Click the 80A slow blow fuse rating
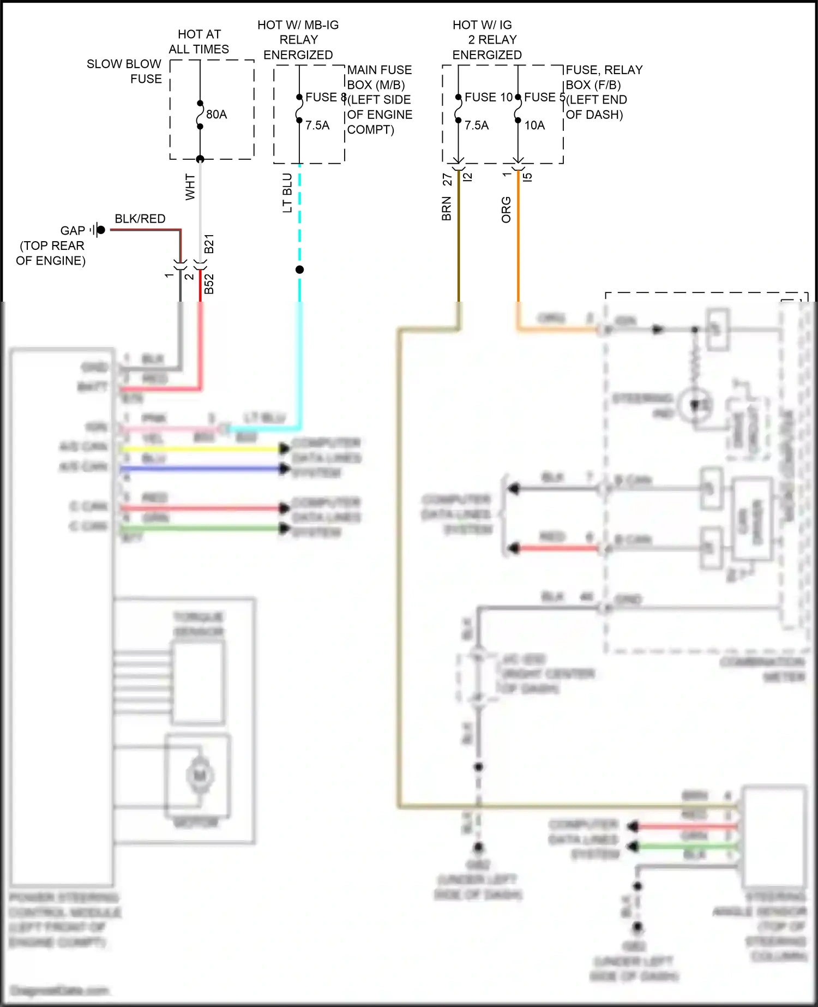pos(216,115)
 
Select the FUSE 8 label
pos(326,97)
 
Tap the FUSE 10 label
pos(488,97)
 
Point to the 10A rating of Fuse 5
pos(534,125)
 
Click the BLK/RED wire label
pos(140,219)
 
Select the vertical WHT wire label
pos(190,187)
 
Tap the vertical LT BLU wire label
pos(287,193)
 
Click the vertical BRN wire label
pos(447,208)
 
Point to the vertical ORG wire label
pos(506,209)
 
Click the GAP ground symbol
pos(98,230)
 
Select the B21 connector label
pos(209,244)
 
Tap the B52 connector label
pos(209,284)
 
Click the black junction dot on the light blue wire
pos(299,269)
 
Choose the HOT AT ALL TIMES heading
pos(199,41)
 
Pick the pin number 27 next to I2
pos(447,179)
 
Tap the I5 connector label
pos(527,177)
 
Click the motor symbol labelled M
pos(200,775)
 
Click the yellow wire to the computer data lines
pos(202,449)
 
